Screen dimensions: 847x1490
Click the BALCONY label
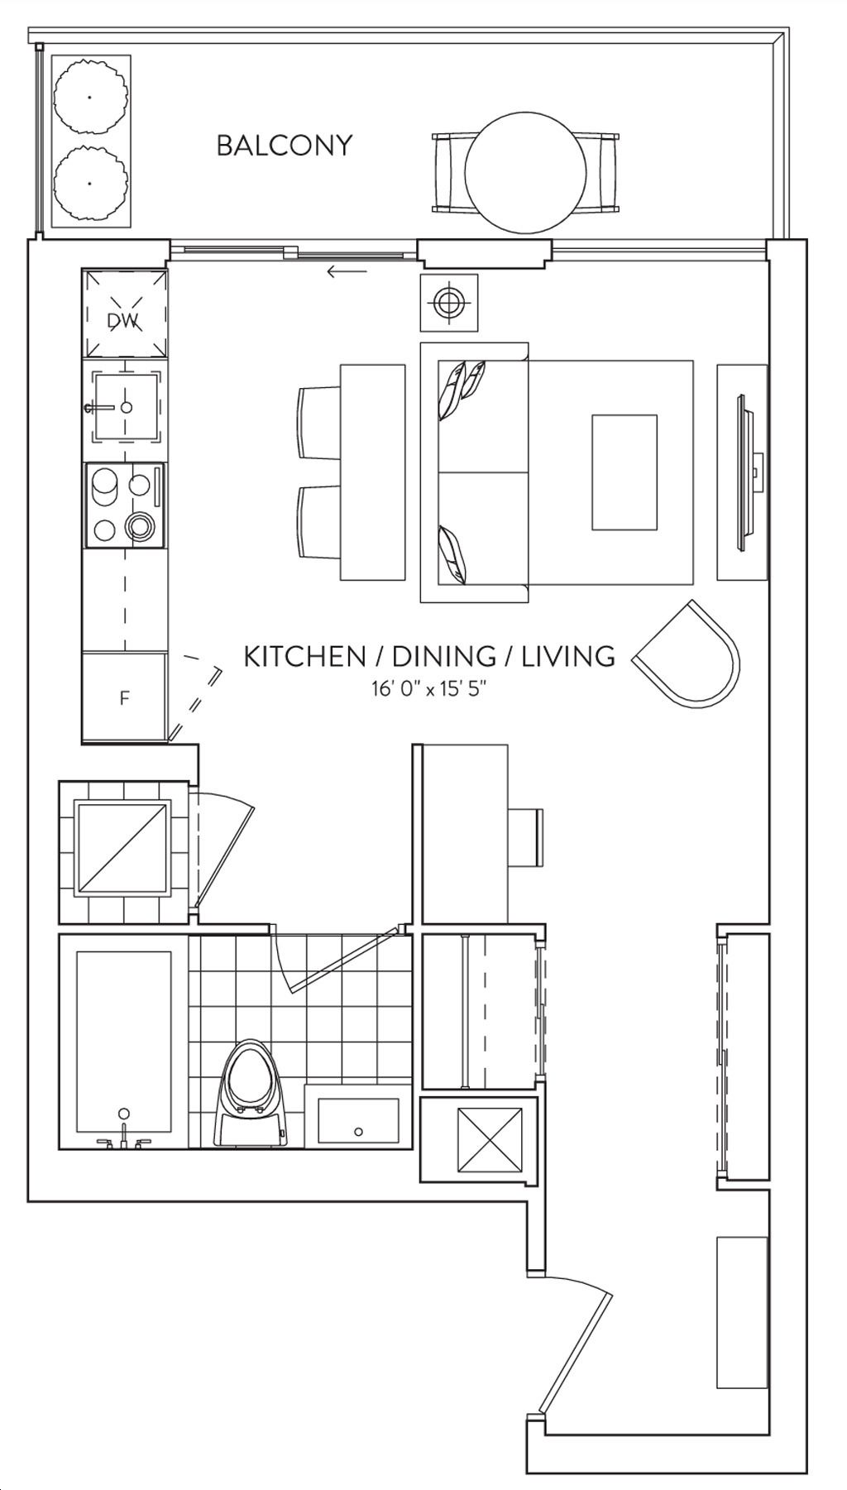click(x=284, y=146)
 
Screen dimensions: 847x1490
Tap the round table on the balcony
click(x=525, y=172)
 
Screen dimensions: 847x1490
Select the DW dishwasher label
click(x=123, y=320)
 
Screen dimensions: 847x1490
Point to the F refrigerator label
click(x=124, y=698)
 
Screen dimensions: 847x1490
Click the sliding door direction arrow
click(x=347, y=271)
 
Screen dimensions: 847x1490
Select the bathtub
click(x=124, y=1042)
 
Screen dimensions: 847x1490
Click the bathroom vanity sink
click(x=358, y=1121)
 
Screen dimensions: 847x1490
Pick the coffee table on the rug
click(x=624, y=472)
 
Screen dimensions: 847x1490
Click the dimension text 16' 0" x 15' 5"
click(x=428, y=688)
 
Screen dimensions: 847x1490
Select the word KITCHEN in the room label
click(x=304, y=657)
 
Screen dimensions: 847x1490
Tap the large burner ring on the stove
click(x=139, y=525)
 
